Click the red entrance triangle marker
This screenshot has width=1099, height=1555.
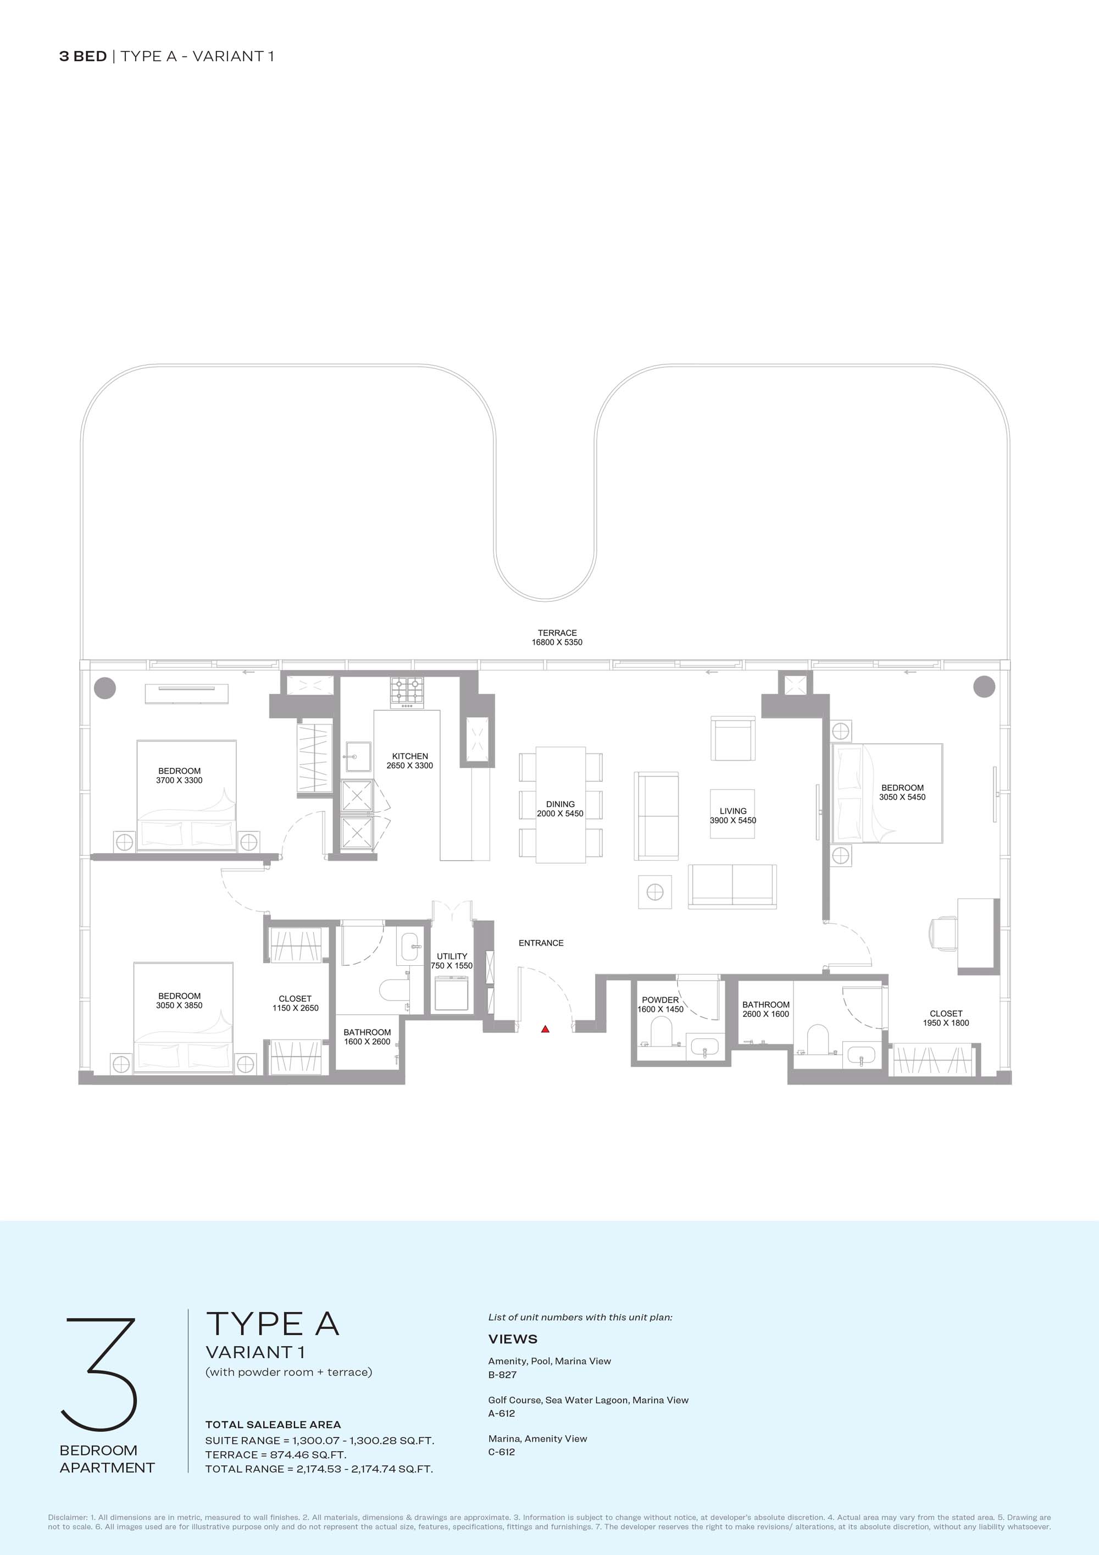click(545, 1030)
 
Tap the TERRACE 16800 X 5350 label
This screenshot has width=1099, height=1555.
click(557, 637)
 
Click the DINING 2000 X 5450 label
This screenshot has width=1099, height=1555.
click(560, 809)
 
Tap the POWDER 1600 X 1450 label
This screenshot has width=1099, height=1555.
click(660, 1004)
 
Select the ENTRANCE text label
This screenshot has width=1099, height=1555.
click(541, 943)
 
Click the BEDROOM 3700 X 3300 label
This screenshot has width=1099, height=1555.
click(180, 776)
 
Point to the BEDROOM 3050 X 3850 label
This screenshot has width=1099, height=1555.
click(180, 1000)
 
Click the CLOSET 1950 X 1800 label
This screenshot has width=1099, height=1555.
click(946, 1018)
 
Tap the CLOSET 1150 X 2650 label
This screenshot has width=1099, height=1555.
click(295, 1003)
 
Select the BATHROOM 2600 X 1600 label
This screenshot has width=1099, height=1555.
click(766, 1009)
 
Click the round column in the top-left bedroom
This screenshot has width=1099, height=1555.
click(105, 688)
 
